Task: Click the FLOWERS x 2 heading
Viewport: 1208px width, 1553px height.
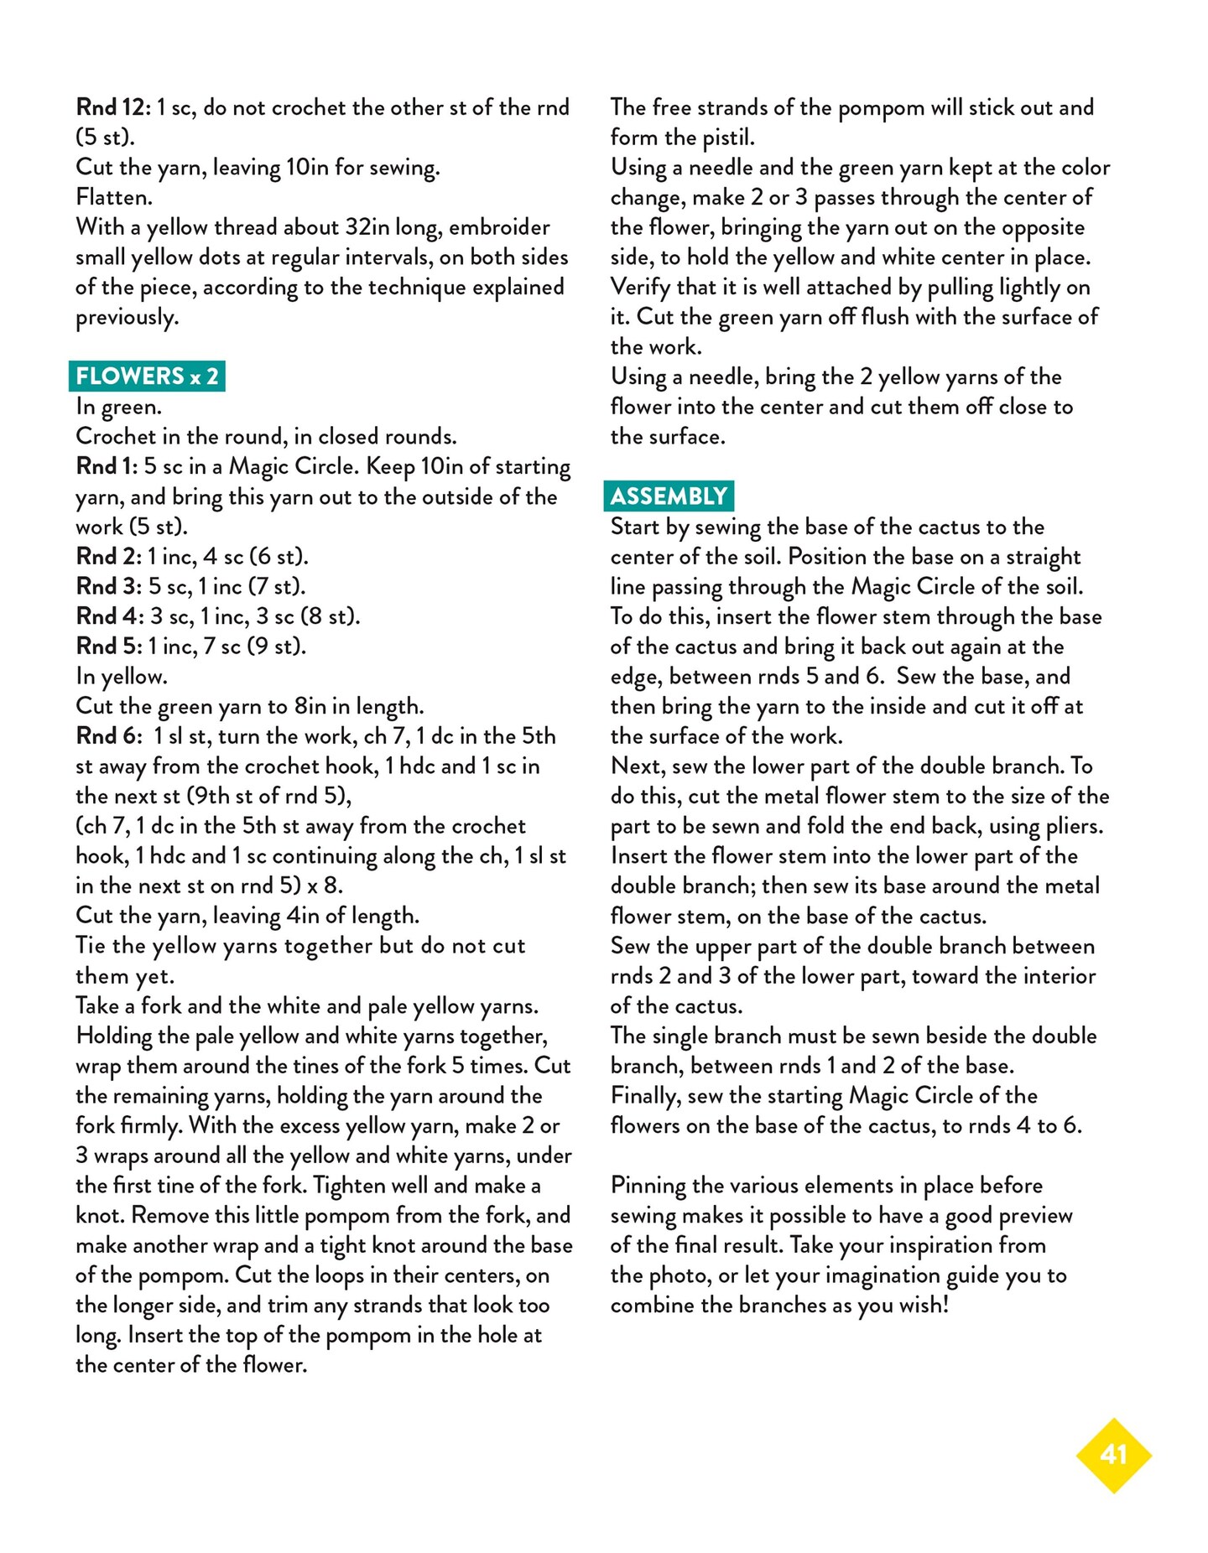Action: pos(147,376)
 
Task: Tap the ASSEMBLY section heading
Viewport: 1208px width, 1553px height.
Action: pos(669,496)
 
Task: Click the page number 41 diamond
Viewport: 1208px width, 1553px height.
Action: pos(1113,1455)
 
